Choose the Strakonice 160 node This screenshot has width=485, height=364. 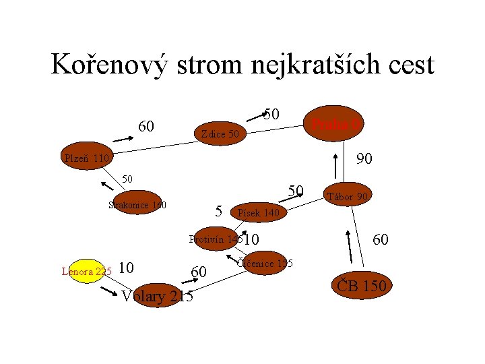pos(137,204)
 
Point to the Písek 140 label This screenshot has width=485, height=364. pos(257,214)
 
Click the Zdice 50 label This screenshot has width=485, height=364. pos(220,134)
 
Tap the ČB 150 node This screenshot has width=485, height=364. pos(362,286)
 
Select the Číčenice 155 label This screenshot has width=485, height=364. pos(265,264)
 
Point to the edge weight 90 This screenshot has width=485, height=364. pos(364,159)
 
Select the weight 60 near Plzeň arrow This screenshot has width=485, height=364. pos(146,126)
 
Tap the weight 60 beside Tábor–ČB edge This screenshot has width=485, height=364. pos(380,239)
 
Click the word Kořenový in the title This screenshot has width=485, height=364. pos(106,65)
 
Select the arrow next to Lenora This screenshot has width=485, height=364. pos(108,291)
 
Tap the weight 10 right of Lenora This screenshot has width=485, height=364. pos(126,268)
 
